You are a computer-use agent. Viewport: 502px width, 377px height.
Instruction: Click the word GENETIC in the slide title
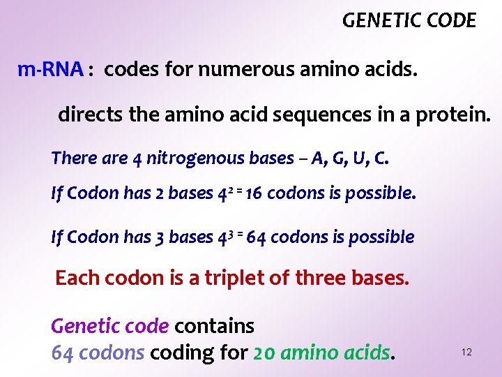[374, 21]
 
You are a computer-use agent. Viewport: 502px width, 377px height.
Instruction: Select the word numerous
[235, 69]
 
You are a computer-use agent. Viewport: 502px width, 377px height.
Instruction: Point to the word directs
[87, 114]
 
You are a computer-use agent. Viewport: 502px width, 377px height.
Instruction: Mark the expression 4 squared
[222, 193]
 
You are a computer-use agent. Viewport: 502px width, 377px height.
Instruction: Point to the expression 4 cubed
[222, 237]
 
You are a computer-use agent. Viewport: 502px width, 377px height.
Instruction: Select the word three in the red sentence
[320, 278]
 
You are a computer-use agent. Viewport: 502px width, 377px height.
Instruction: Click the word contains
[214, 326]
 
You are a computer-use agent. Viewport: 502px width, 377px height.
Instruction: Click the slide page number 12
[466, 353]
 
